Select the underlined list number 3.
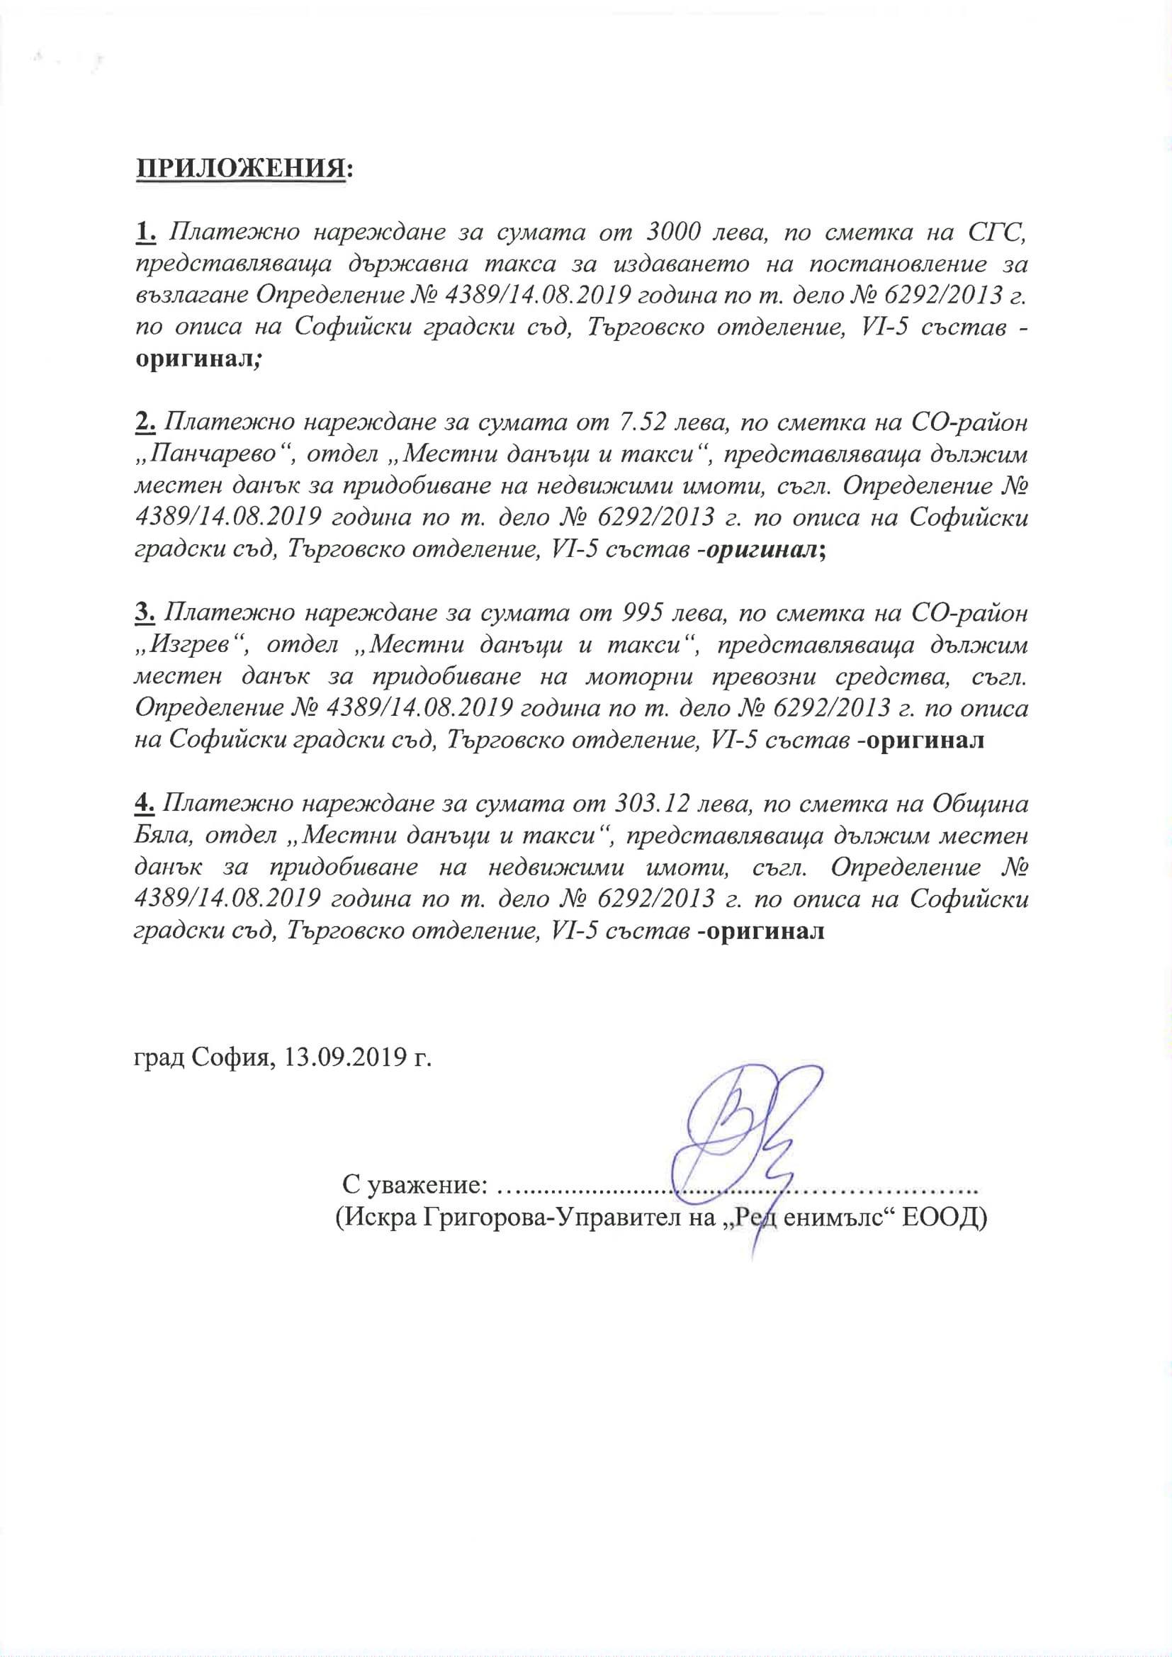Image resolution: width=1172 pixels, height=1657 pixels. pyautogui.click(x=146, y=612)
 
